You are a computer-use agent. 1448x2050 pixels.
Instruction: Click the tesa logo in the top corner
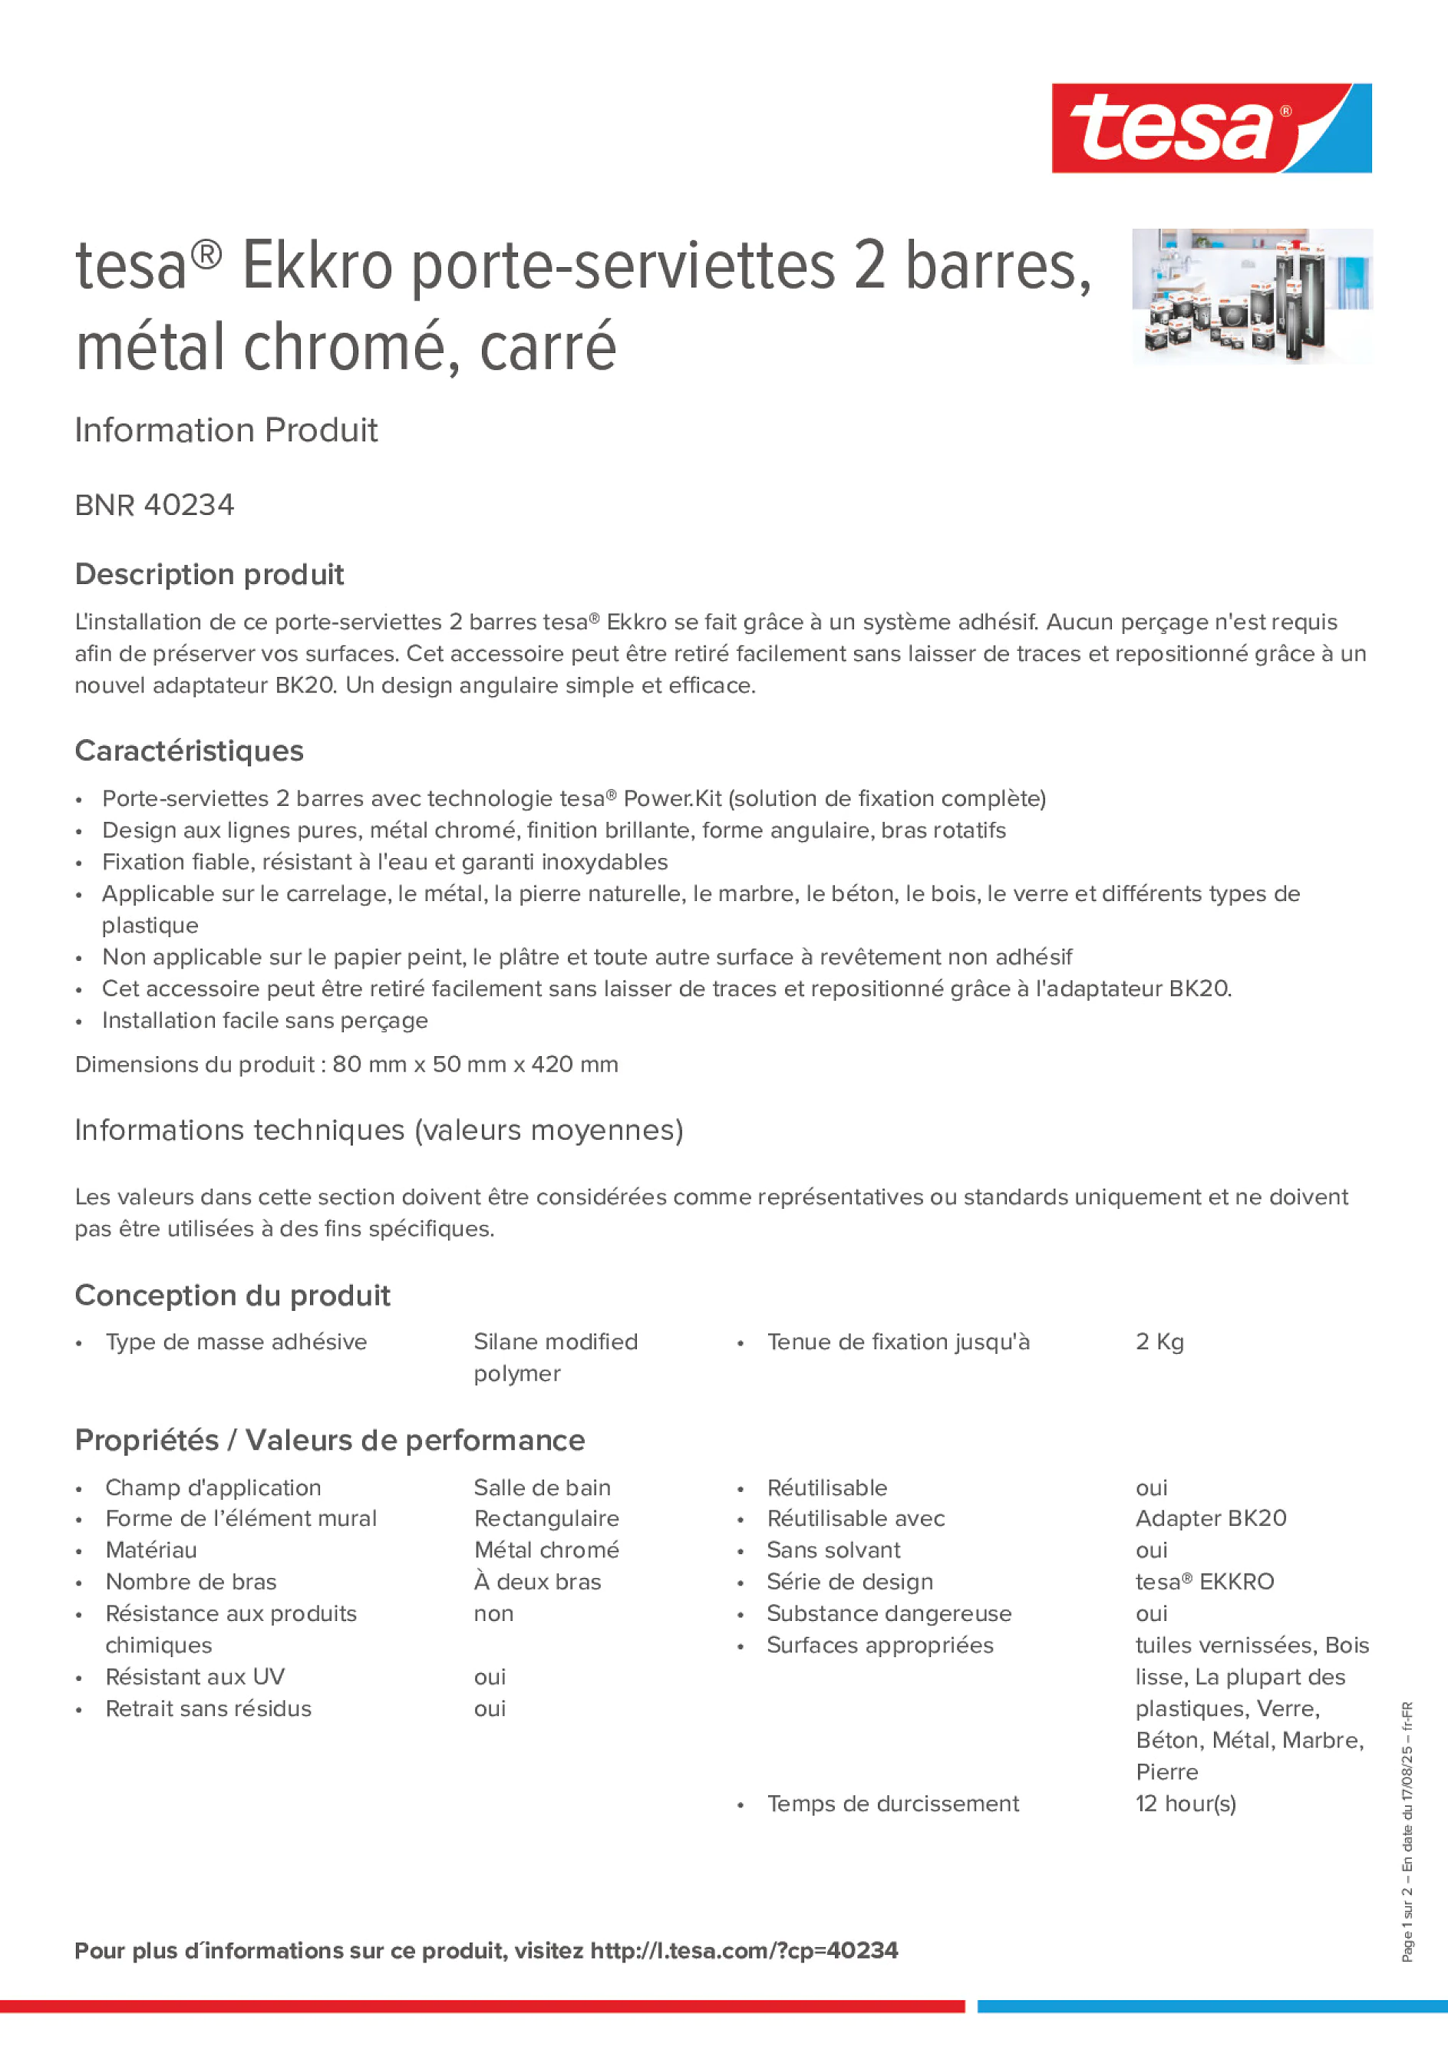pyautogui.click(x=1211, y=127)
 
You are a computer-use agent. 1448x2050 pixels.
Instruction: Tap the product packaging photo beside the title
pyautogui.click(x=1252, y=295)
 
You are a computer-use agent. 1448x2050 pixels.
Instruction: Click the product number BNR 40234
pyautogui.click(x=154, y=505)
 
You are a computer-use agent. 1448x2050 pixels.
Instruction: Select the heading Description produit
pyautogui.click(x=209, y=574)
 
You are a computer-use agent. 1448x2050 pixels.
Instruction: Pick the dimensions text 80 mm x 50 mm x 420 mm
pyautogui.click(x=475, y=1065)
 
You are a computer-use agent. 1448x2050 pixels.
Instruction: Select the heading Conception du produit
pyautogui.click(x=232, y=1296)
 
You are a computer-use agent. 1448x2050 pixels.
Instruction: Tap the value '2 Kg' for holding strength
pyautogui.click(x=1159, y=1342)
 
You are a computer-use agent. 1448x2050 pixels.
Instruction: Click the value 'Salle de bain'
pyautogui.click(x=542, y=1487)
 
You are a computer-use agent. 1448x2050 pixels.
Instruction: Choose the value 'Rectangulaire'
pyautogui.click(x=546, y=1519)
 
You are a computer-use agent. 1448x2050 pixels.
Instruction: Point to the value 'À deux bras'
pyautogui.click(x=537, y=1582)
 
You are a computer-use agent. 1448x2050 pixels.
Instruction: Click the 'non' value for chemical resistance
pyautogui.click(x=493, y=1613)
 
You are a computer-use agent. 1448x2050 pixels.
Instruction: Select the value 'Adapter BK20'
pyautogui.click(x=1211, y=1519)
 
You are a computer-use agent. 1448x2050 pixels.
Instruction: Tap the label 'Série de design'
pyautogui.click(x=849, y=1582)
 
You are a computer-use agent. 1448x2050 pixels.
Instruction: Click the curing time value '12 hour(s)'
pyautogui.click(x=1186, y=1804)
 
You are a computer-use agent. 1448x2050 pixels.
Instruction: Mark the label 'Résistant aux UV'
pyautogui.click(x=195, y=1677)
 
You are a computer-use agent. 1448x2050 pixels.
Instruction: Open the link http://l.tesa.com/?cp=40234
pyautogui.click(x=744, y=1951)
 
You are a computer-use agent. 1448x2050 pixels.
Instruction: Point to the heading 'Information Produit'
pyautogui.click(x=226, y=431)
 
